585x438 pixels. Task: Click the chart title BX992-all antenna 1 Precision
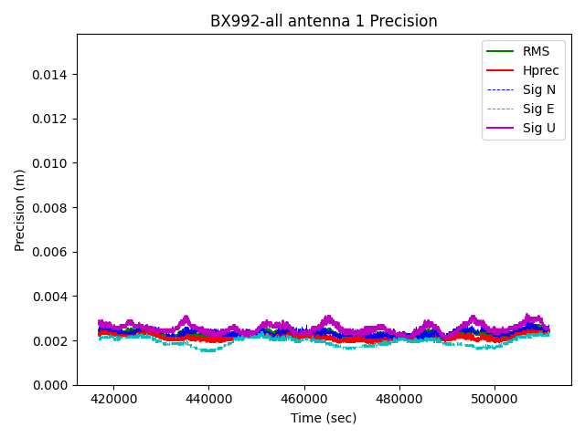pyautogui.click(x=324, y=21)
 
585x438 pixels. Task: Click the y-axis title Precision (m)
pyautogui.click(x=20, y=210)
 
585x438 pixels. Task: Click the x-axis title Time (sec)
pyautogui.click(x=324, y=418)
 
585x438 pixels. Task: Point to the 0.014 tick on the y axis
pyautogui.click(x=51, y=75)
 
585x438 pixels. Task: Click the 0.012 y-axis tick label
pyautogui.click(x=51, y=119)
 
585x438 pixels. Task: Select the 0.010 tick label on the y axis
pyautogui.click(x=51, y=163)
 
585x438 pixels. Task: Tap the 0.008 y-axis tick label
pyautogui.click(x=51, y=208)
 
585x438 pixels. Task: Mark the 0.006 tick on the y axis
pyautogui.click(x=51, y=252)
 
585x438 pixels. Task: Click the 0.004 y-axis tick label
pyautogui.click(x=51, y=297)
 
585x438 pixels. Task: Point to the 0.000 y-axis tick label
pyautogui.click(x=51, y=385)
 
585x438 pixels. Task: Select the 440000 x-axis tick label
pyautogui.click(x=208, y=400)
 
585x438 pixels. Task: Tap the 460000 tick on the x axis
pyautogui.click(x=303, y=400)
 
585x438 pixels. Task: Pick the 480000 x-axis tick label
pyautogui.click(x=399, y=400)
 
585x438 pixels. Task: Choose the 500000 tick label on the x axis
pyautogui.click(x=495, y=400)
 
